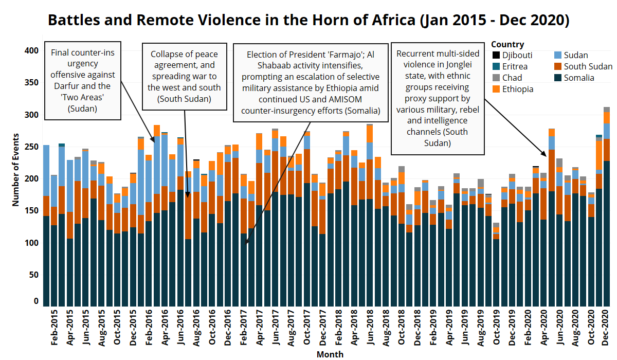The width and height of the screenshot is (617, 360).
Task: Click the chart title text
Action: click(x=308, y=20)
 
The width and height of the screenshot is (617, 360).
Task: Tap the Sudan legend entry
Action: click(x=575, y=55)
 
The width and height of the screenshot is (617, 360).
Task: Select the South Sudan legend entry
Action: click(x=588, y=66)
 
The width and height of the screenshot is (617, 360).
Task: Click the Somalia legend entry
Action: click(x=579, y=78)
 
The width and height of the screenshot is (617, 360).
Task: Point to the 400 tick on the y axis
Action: click(x=32, y=50)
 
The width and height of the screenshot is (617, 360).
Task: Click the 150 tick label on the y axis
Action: click(x=32, y=211)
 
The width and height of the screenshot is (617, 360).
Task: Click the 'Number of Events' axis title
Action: click(x=16, y=169)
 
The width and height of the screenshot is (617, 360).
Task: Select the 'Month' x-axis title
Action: click(x=330, y=354)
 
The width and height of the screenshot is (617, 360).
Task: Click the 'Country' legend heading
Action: click(x=507, y=44)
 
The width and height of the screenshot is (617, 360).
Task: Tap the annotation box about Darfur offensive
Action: click(x=83, y=81)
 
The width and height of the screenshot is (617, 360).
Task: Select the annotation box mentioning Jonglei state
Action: click(x=438, y=98)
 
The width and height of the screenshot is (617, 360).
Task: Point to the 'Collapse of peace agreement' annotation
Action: click(x=184, y=76)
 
